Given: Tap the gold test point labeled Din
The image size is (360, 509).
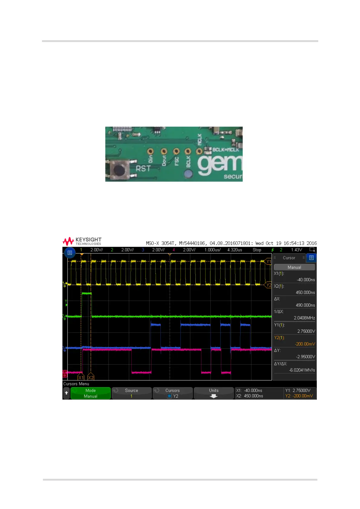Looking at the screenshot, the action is click(x=150, y=151).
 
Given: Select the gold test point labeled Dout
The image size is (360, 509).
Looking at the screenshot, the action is click(x=164, y=151).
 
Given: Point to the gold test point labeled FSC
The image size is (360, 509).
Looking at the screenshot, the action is click(x=176, y=151).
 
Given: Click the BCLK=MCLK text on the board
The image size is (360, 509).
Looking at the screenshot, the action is click(x=226, y=149).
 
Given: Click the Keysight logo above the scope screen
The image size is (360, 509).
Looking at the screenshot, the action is click(x=82, y=241).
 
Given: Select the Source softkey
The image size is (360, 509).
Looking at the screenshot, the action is click(x=132, y=393).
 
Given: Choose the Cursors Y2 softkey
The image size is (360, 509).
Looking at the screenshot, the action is click(x=172, y=393).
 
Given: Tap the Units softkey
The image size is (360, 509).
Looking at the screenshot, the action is click(x=214, y=393).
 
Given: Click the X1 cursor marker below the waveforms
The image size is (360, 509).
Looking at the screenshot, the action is click(x=81, y=377).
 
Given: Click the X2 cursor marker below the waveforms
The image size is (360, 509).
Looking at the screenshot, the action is click(x=90, y=377).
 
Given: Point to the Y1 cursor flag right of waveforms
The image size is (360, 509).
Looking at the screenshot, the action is click(x=268, y=261).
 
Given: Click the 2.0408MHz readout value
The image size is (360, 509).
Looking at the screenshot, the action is click(x=304, y=318).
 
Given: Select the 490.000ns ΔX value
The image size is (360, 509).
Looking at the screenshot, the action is click(x=305, y=305).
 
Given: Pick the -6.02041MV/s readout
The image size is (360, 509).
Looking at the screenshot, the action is click(x=302, y=370).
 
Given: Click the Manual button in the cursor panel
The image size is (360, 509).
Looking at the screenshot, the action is click(x=294, y=267).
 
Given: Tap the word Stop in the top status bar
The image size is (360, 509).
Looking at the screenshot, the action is click(x=257, y=250).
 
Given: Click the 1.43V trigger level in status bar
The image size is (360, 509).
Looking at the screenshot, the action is click(x=296, y=250).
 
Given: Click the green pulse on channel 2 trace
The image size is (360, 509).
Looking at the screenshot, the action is click(x=87, y=293).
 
